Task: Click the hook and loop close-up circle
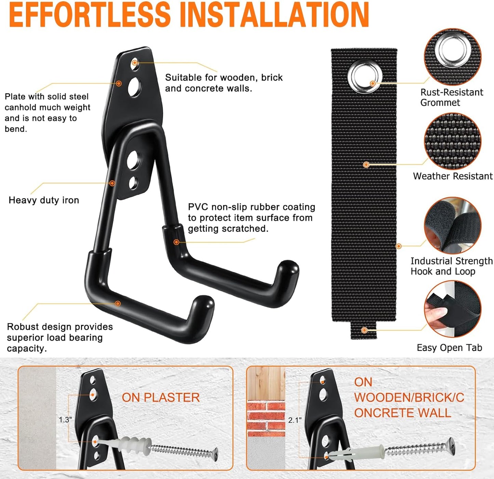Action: point(452,225)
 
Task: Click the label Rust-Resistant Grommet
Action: point(451,97)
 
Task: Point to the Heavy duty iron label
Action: point(44,200)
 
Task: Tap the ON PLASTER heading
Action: point(161,398)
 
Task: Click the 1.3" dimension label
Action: point(65,420)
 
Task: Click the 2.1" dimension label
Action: point(295,420)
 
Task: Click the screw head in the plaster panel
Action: point(215,454)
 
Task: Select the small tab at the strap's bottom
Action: point(364,331)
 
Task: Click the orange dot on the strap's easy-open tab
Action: point(364,330)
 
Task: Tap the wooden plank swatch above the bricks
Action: point(266,383)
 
